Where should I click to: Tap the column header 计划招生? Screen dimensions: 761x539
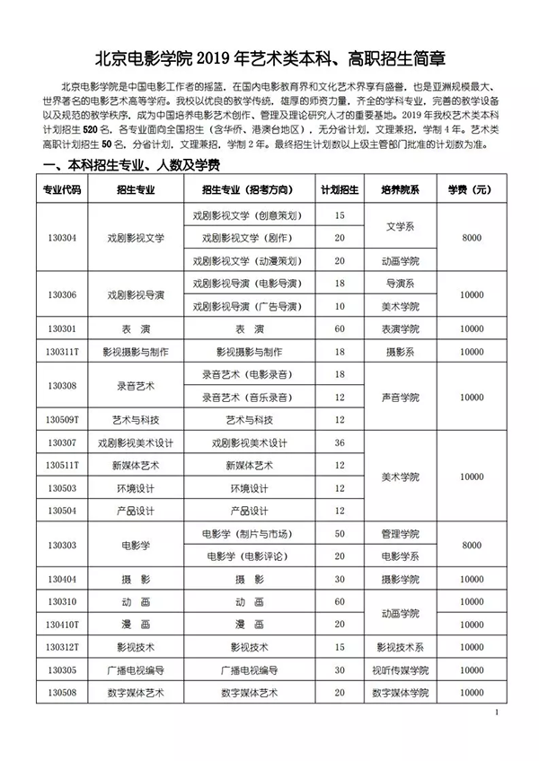point(340,191)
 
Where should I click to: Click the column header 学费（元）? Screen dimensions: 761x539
point(470,191)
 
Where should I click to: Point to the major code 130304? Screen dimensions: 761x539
point(62,239)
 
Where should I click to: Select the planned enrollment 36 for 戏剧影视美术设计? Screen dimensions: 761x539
point(340,443)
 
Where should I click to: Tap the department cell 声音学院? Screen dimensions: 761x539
point(399,398)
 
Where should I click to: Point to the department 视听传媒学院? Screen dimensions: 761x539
point(399,670)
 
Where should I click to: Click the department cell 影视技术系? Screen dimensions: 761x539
point(399,647)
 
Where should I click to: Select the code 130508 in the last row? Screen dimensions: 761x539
point(62,693)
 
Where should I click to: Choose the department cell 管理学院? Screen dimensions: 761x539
point(399,534)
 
